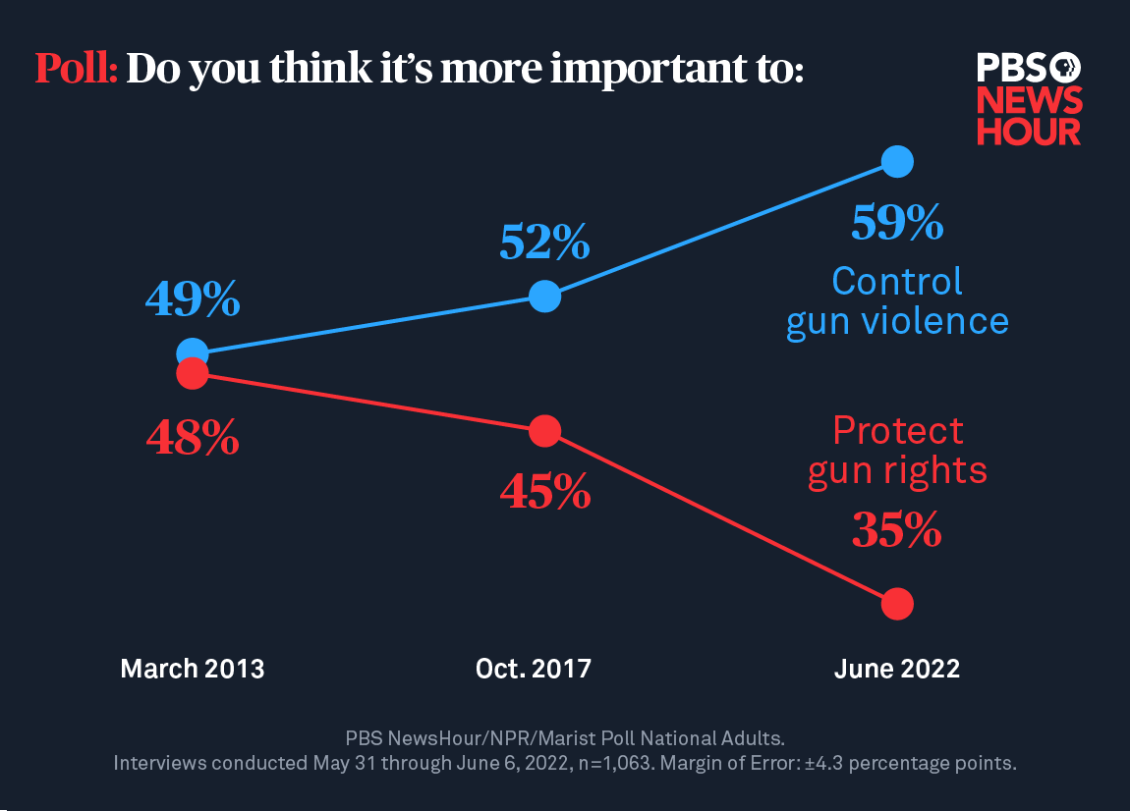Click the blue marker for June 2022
pyautogui.click(x=897, y=161)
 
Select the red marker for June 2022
pyautogui.click(x=897, y=603)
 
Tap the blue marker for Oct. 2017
pyautogui.click(x=544, y=296)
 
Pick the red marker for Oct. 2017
pyautogui.click(x=544, y=430)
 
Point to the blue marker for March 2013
pyautogui.click(x=193, y=352)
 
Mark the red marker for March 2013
pyautogui.click(x=193, y=373)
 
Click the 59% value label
pyautogui.click(x=897, y=224)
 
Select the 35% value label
pyautogui.click(x=897, y=531)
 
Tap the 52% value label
pyautogui.click(x=544, y=243)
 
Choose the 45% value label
pyautogui.click(x=545, y=491)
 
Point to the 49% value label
pyautogui.click(x=193, y=299)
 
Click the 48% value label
pyautogui.click(x=193, y=438)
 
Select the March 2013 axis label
pyautogui.click(x=193, y=669)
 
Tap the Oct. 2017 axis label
pyautogui.click(x=534, y=669)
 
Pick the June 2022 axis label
pyautogui.click(x=897, y=669)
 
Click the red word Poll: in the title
pyautogui.click(x=77, y=69)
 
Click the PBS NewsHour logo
pyautogui.click(x=1029, y=99)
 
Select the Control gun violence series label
pyautogui.click(x=897, y=301)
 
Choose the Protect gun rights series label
pyautogui.click(x=897, y=451)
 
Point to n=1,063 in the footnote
pyautogui.click(x=612, y=763)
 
